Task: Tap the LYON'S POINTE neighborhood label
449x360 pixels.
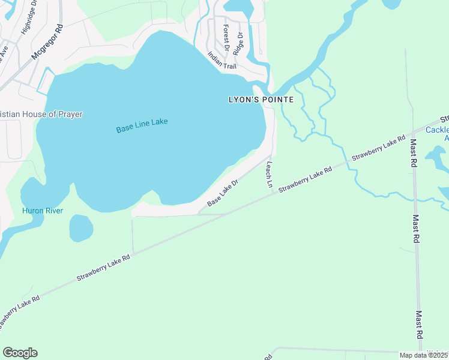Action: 261,100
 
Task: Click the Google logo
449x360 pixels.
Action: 20,353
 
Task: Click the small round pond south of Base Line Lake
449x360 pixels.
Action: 81,229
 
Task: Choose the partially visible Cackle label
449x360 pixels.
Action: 436,130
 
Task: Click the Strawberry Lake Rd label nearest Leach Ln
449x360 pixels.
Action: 305,179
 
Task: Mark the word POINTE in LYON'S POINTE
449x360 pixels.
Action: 277,100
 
